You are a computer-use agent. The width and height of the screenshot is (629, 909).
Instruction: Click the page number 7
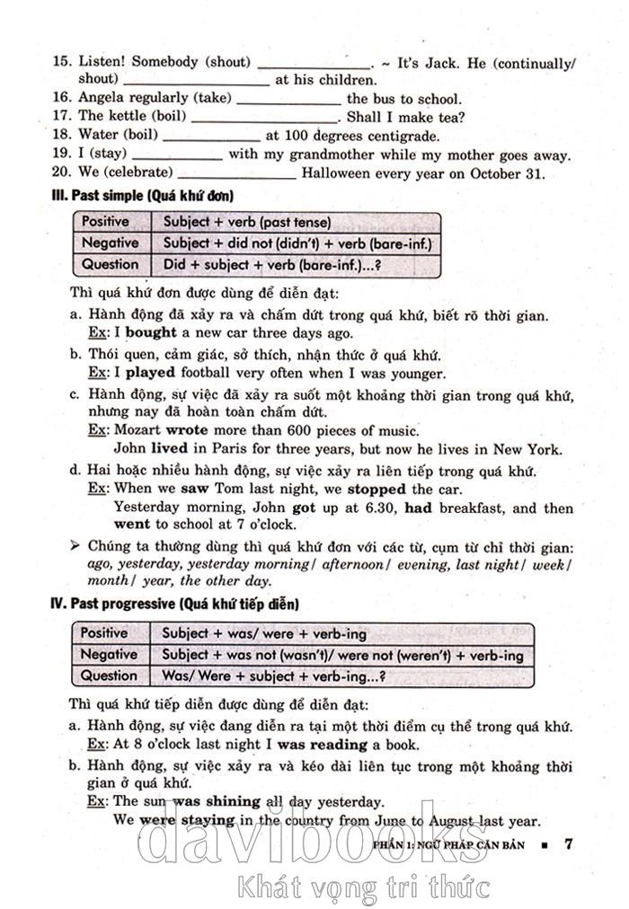coord(568,844)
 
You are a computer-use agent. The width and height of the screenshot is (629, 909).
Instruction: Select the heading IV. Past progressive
coord(173,605)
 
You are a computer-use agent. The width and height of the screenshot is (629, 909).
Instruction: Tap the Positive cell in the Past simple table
coord(106,222)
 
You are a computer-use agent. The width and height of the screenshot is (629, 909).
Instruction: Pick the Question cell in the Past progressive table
coord(109,675)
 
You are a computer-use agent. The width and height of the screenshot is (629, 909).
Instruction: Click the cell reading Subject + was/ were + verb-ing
coord(264,633)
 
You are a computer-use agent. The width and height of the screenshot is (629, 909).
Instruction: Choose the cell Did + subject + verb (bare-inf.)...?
coord(271,264)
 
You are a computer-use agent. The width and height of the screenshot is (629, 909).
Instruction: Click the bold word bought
coord(152,332)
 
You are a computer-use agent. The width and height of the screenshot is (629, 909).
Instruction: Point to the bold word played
coord(150,373)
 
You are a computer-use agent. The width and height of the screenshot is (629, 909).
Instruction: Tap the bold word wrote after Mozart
coord(187,431)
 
